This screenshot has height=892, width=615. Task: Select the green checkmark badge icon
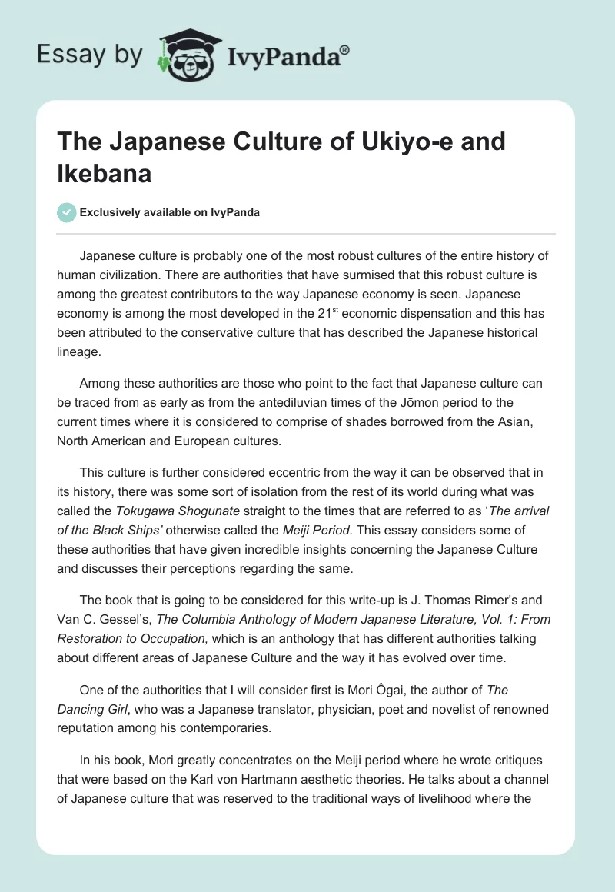tap(68, 212)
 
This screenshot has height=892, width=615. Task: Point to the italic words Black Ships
tap(136, 530)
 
